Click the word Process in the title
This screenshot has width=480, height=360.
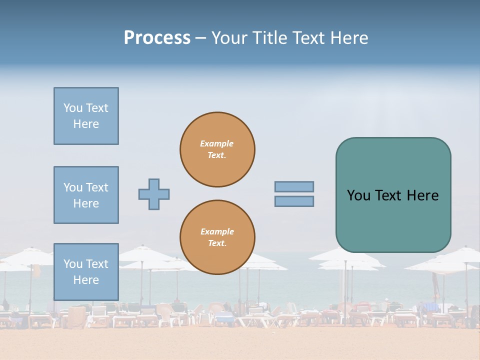click(x=157, y=38)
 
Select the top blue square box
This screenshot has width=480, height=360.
click(x=86, y=116)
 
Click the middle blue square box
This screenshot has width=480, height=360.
click(x=86, y=195)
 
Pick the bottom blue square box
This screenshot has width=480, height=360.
click(x=86, y=272)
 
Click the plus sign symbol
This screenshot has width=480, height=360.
click(x=154, y=194)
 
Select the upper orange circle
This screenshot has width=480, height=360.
click(x=217, y=149)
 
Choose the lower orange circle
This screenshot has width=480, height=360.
click(x=217, y=237)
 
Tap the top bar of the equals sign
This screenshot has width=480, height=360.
click(x=294, y=186)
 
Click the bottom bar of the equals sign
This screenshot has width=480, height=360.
click(x=294, y=201)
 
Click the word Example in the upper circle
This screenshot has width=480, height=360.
click(x=217, y=143)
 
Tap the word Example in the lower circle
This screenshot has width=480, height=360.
click(x=217, y=231)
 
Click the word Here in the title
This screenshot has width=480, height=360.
click(x=349, y=38)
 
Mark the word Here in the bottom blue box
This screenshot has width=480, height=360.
click(x=86, y=280)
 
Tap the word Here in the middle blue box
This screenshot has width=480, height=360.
click(x=86, y=203)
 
